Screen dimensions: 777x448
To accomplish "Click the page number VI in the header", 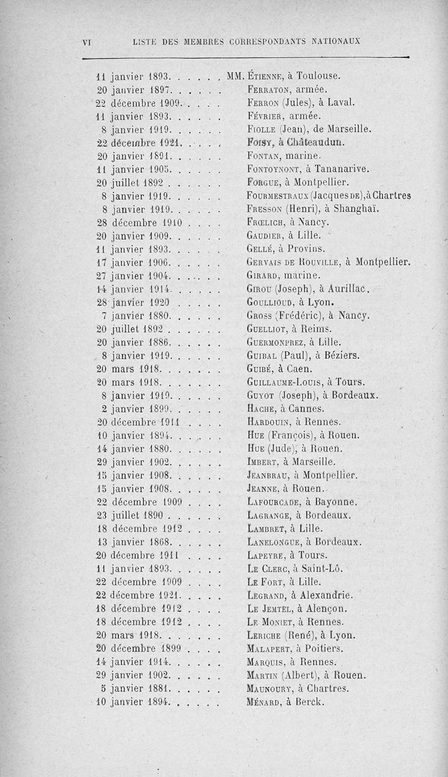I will click(x=87, y=41).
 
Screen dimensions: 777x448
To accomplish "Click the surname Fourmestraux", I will click(x=278, y=196).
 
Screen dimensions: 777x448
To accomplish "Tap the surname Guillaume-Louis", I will click(x=282, y=383).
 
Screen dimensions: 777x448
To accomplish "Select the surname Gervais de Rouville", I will click(x=292, y=261).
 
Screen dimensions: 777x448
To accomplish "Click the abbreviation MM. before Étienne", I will click(x=235, y=76).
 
